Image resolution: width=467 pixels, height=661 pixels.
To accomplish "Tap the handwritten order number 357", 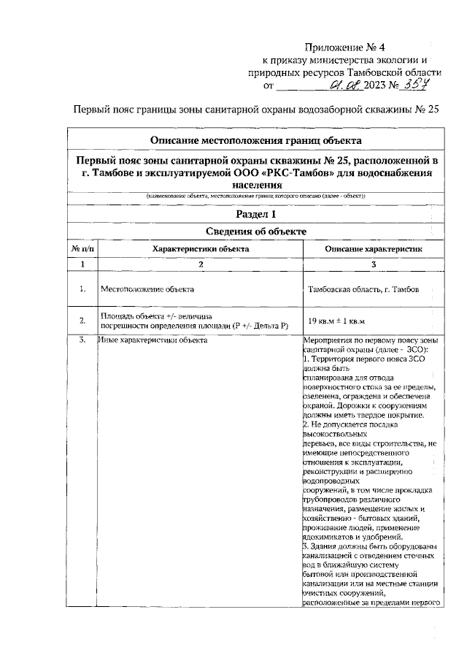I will tap(414, 85).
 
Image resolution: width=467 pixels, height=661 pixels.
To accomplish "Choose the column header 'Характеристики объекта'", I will tap(200, 249).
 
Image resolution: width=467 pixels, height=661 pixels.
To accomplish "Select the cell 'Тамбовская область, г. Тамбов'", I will tap(363, 290).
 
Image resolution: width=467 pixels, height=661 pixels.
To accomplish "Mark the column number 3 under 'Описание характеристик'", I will tap(373, 264).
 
